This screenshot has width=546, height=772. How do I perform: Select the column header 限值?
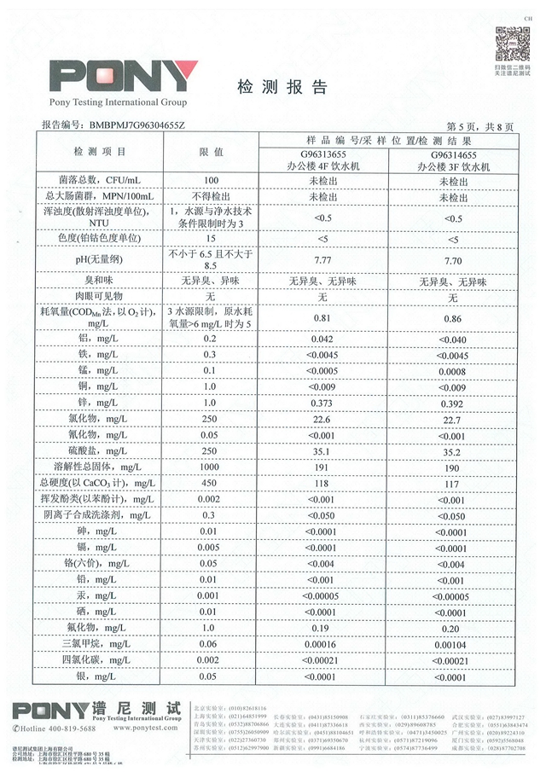pos(212,151)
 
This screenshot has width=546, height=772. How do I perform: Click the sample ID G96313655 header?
pos(323,155)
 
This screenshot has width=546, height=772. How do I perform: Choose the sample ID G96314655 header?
pos(453,155)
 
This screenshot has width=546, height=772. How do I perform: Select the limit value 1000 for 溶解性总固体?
pos(212,467)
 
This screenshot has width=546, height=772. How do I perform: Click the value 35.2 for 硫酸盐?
pos(453,451)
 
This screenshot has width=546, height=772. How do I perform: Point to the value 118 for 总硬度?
pos(323,484)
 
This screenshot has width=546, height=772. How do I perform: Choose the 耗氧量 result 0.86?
pos(453,318)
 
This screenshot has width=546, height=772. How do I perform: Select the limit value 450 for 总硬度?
pos(212,484)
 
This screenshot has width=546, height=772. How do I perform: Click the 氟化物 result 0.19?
pos(323,628)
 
